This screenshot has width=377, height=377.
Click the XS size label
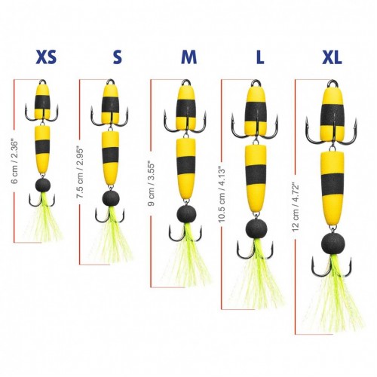click(46, 57)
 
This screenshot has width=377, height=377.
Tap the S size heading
click(118, 57)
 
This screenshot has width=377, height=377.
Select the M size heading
click(189, 57)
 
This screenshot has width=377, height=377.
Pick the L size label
click(260, 57)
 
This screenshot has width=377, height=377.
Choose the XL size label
click(332, 57)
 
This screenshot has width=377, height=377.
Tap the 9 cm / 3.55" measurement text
click(152, 185)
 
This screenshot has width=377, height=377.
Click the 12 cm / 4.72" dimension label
click(296, 208)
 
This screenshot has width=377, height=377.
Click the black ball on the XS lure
click(43, 185)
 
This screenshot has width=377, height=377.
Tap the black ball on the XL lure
click(333, 244)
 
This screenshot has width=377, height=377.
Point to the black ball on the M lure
click(186, 214)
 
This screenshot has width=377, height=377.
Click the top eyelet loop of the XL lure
click(333, 83)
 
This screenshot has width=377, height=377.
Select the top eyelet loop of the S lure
click(110, 82)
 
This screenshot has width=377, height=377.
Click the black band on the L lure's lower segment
click(256, 175)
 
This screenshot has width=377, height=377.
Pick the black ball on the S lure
click(111, 198)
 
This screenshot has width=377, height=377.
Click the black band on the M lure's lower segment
click(186, 166)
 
